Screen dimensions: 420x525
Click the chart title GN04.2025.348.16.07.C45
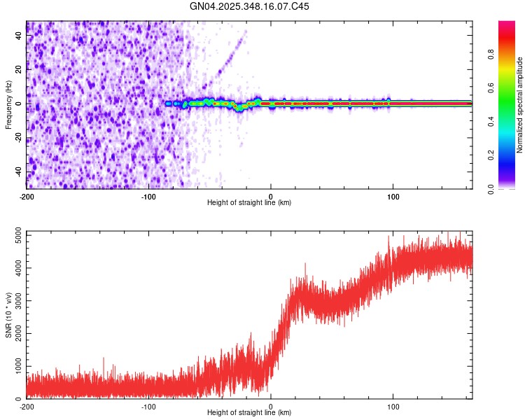(250, 6)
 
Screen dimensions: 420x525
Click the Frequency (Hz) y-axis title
(8, 104)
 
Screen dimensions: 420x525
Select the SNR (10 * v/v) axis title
(8, 314)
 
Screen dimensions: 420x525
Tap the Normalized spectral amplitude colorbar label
(519, 104)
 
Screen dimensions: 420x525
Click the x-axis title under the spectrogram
(249, 203)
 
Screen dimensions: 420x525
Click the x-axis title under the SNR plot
(249, 413)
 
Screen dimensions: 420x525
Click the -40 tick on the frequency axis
(19, 171)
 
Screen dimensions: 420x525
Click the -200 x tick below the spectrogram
(27, 196)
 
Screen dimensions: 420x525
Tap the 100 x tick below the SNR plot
(393, 406)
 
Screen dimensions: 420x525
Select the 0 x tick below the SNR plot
(271, 406)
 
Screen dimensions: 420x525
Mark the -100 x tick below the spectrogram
(148, 196)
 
